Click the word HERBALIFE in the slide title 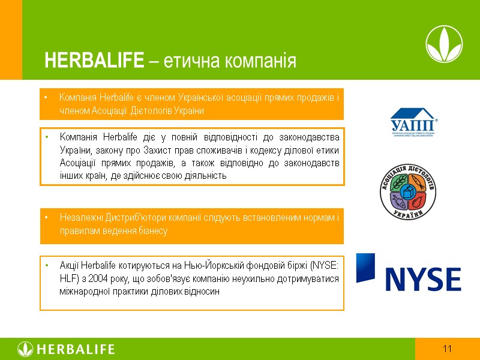click(x=94, y=61)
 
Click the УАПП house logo click(x=414, y=122)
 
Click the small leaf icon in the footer click(x=25, y=349)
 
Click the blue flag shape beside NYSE click(x=365, y=268)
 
